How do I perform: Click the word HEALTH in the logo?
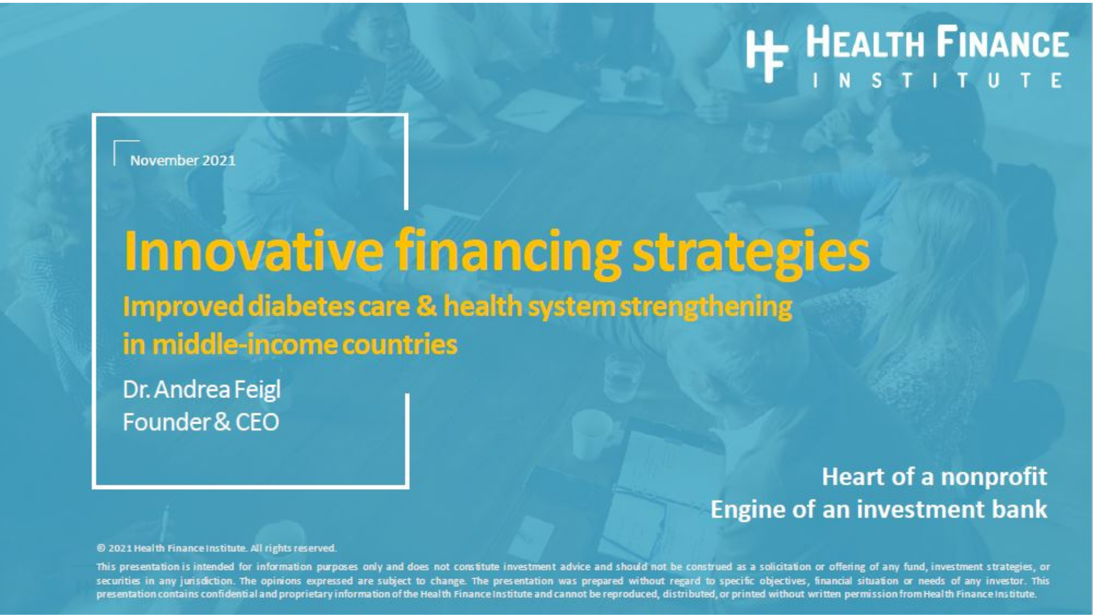click(865, 43)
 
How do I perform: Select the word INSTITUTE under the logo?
click(937, 81)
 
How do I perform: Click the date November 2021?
click(183, 161)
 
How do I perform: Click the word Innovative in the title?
click(253, 251)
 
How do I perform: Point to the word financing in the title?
click(508, 253)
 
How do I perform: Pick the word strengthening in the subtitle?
click(706, 307)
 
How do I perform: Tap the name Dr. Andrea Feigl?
click(202, 390)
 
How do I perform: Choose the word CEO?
click(257, 423)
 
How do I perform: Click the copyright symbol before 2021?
click(101, 548)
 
